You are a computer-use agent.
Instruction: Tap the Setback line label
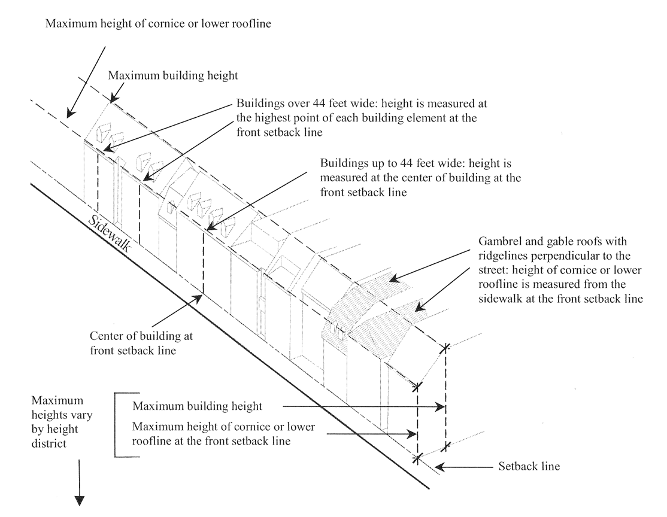(529, 466)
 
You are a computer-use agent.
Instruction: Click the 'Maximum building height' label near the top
(157, 76)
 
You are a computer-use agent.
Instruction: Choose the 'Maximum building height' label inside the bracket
(198, 406)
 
